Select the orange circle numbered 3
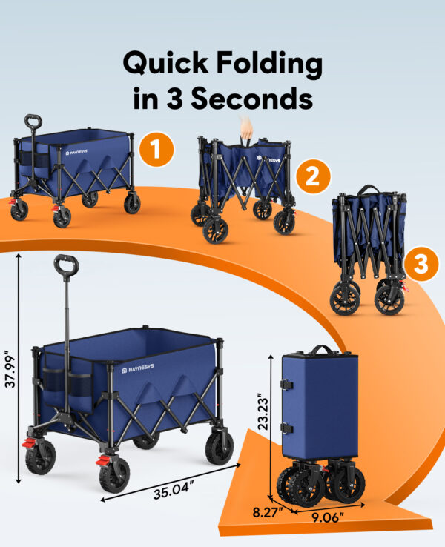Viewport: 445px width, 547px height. click(421, 265)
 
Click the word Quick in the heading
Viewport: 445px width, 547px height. click(164, 64)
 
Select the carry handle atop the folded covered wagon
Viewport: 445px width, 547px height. click(320, 349)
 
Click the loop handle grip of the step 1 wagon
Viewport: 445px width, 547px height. click(32, 120)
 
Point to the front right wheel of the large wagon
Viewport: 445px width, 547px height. click(220, 448)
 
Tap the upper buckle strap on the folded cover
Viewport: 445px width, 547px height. click(286, 385)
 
